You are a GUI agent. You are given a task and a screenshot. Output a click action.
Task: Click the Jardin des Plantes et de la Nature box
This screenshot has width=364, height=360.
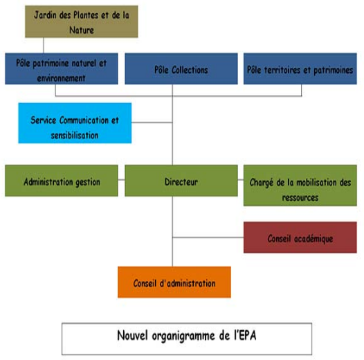coord(82,21)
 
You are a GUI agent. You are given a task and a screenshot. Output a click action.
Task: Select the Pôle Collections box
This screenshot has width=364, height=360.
coord(181,69)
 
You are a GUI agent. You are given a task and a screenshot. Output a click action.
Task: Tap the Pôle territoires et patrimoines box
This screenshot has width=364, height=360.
coord(300,69)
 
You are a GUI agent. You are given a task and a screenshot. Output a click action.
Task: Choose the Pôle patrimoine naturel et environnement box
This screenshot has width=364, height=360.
coord(62,69)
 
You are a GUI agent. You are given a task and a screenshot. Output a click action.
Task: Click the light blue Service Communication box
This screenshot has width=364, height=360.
coord(75,123)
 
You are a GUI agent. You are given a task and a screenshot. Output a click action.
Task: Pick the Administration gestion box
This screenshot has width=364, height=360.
coord(62,181)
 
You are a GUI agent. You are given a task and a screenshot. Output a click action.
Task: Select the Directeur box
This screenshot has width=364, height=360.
coord(181,181)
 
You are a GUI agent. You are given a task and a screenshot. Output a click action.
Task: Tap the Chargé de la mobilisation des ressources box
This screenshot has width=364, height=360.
coord(300,186)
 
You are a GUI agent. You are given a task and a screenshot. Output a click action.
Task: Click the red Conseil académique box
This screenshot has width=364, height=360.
coord(300,237)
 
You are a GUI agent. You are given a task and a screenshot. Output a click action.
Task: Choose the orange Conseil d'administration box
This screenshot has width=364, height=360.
coord(174,282)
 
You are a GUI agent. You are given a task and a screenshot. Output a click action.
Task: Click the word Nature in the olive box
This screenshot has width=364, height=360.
coord(82,30)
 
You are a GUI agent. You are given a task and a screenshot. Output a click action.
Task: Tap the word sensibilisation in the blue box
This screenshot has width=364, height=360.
coord(75,135)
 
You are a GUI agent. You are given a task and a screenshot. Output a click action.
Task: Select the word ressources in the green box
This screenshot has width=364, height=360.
coord(300,197)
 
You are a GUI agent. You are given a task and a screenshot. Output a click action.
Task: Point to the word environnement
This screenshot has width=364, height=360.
coord(62,78)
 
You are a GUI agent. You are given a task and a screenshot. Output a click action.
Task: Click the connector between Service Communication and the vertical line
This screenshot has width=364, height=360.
coord(152,123)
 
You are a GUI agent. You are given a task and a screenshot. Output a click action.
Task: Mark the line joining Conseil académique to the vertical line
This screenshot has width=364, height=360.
coord(208,237)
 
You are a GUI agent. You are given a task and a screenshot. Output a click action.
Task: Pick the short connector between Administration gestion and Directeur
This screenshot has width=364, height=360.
coord(121,180)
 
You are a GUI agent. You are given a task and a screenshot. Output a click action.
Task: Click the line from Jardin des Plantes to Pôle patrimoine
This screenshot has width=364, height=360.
coord(44,45)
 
